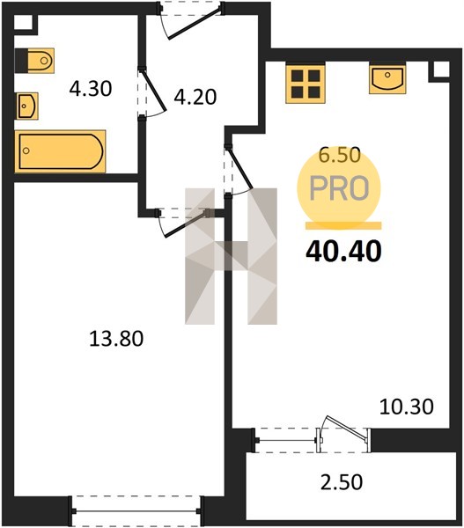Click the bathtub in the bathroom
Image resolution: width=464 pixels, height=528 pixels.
coord(60,151)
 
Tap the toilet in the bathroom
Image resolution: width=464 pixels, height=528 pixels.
coord(35,61)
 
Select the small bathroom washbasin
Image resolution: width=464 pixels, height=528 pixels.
coord(27,106)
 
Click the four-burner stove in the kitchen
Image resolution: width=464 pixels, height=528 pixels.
coord(306,84)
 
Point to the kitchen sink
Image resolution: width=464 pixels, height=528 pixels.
coord(387,78)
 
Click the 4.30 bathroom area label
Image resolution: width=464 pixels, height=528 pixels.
coord(91,89)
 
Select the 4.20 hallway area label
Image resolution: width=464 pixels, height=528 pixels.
coord(195,98)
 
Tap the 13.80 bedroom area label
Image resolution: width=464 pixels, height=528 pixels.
coord(116,339)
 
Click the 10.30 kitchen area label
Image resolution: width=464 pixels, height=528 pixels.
coord(407,407)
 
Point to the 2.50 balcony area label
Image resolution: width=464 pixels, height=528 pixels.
coord(342,481)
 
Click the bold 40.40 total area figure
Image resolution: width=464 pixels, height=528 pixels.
coord(343,252)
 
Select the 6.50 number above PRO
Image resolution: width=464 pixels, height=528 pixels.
coord(340,155)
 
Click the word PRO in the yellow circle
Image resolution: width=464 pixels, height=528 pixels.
coord(339,188)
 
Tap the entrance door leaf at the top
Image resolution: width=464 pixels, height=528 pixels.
coord(195,24)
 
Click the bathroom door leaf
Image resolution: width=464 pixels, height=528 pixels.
coord(154,89)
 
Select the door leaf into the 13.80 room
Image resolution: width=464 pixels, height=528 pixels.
coord(185,224)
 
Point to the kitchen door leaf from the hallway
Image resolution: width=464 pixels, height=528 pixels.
coord(240,167)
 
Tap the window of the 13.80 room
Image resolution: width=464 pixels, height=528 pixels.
coord(136,511)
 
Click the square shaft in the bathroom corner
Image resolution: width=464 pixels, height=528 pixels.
coord(24,24)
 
